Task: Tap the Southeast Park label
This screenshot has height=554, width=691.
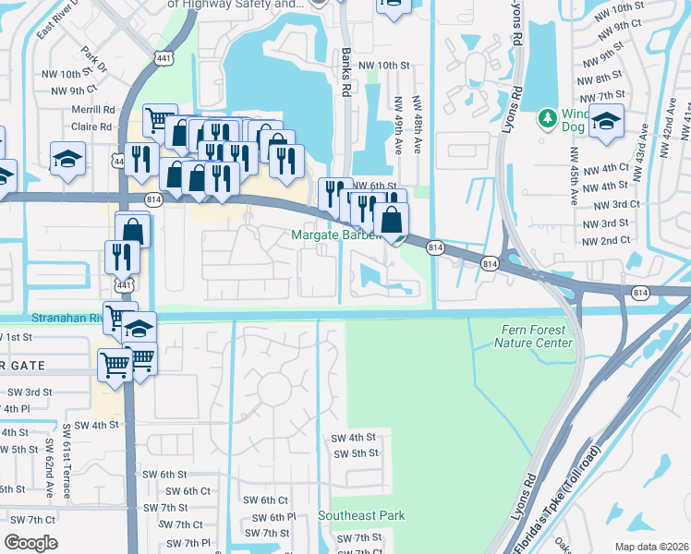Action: tap(361, 515)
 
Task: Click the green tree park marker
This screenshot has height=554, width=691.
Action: tap(547, 118)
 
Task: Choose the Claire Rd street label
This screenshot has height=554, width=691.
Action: tap(92, 127)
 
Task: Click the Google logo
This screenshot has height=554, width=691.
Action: tap(30, 543)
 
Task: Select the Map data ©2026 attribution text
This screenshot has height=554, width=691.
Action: tap(651, 547)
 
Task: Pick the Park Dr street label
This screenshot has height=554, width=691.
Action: tap(94, 58)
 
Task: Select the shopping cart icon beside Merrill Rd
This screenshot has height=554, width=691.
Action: tap(160, 118)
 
